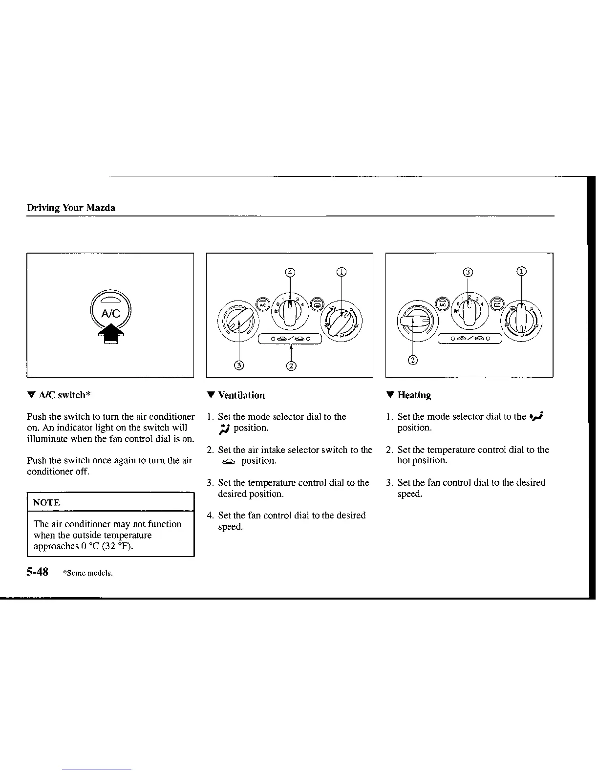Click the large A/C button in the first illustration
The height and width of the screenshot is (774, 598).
point(111,309)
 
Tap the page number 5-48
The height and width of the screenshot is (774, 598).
point(38,572)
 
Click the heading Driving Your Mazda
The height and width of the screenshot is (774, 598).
point(71,208)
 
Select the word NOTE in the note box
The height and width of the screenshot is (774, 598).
point(47,502)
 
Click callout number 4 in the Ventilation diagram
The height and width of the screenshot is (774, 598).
point(290,272)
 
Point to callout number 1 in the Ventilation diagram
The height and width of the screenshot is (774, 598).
point(342,272)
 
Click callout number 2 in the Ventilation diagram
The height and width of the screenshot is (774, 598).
point(291,365)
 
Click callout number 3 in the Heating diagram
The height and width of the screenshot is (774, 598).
point(468,272)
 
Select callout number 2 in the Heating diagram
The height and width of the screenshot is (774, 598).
point(413,361)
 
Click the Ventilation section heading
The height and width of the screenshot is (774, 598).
point(241,395)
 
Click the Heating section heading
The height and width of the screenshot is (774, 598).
point(414,395)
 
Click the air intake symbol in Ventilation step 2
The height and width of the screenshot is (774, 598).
point(228,461)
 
